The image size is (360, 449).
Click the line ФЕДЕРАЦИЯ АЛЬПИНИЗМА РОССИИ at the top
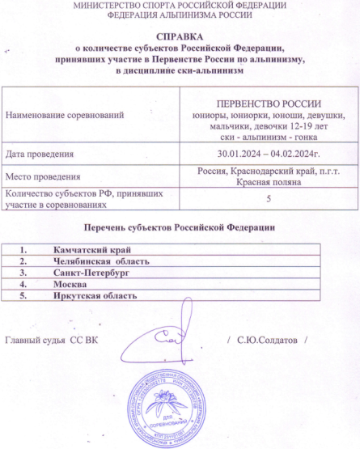[x=180, y=15]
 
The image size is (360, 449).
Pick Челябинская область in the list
[x=96, y=262]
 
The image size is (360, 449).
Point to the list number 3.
[x=24, y=273]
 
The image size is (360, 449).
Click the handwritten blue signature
[x=166, y=340]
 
